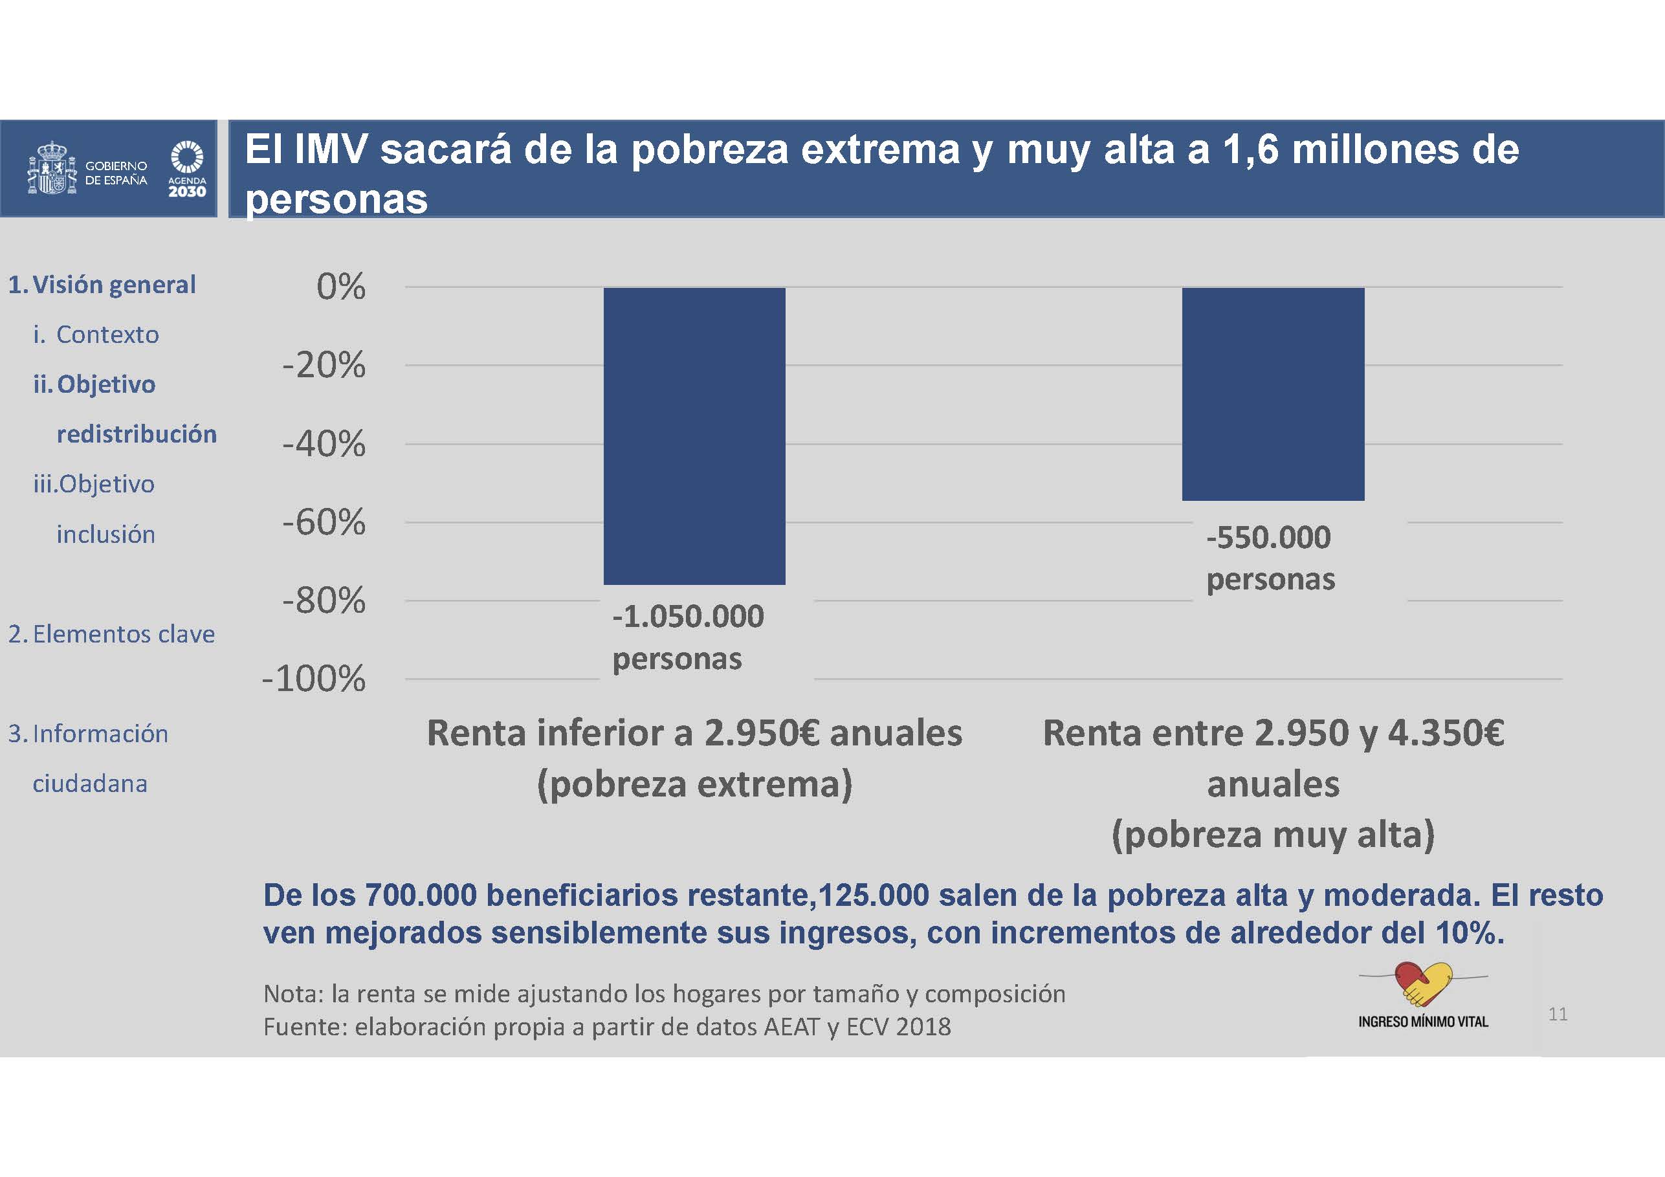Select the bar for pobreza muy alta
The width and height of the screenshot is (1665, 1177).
tap(1273, 394)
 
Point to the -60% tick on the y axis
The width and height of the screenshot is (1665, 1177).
tap(324, 522)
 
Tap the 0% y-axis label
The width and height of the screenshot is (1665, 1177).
tap(341, 287)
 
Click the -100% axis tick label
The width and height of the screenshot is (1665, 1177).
tap(314, 679)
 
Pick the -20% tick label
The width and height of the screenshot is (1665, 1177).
tap(324, 366)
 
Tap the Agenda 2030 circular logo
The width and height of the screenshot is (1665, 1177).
tap(186, 157)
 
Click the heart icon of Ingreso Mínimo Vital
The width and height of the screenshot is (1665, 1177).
tap(1423, 984)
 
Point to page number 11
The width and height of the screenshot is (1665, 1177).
tap(1558, 1014)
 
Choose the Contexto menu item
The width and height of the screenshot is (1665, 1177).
tap(107, 335)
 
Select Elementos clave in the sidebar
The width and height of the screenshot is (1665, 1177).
tap(124, 635)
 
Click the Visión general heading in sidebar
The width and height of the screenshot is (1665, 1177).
tap(114, 285)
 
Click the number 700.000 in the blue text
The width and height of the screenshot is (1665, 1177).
tap(421, 896)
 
